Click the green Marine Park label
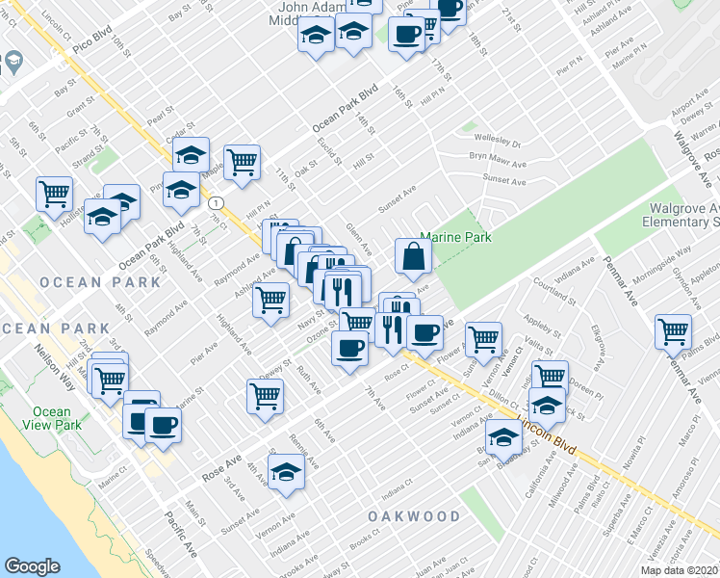(x=456, y=237)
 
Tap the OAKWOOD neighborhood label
(x=414, y=516)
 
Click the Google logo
(x=32, y=565)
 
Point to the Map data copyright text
(x=680, y=570)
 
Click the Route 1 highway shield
(x=218, y=203)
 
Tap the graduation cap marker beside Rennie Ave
(x=286, y=473)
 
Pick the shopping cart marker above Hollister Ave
(x=54, y=193)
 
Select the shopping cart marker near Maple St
(x=242, y=160)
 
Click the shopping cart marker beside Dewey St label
(x=265, y=394)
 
